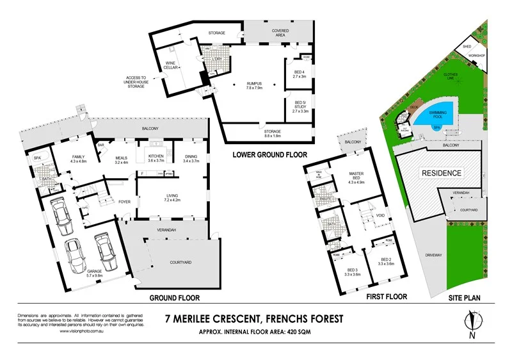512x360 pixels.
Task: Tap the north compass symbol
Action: (473, 323)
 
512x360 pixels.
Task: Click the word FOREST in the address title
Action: (323, 318)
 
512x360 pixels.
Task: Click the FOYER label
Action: (124, 202)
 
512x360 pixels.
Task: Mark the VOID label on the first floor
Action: (380, 215)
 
